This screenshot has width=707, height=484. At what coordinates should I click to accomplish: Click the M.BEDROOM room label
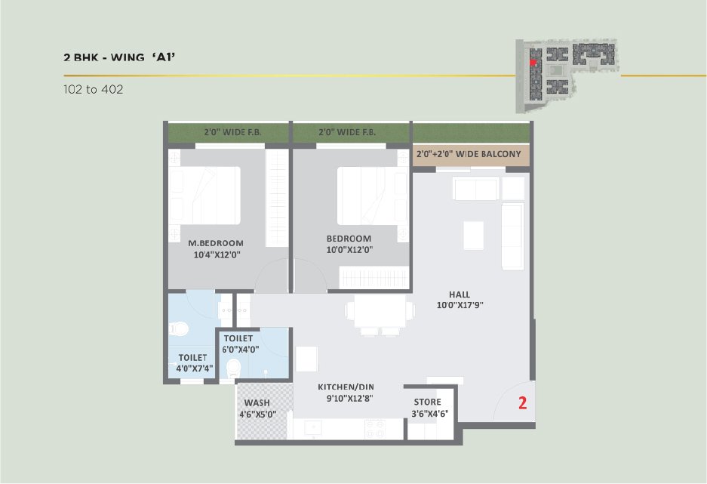[216, 243]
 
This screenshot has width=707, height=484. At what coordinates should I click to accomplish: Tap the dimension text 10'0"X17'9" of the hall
[460, 305]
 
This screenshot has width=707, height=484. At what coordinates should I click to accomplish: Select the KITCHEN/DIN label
[346, 387]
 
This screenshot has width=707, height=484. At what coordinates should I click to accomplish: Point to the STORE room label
[428, 402]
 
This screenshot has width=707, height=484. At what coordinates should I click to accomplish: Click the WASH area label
[257, 402]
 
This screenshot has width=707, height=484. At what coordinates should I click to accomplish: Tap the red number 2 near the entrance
[523, 402]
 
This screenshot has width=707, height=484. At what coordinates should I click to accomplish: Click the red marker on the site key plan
[533, 63]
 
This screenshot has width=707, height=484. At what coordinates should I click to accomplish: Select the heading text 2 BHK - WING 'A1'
[119, 57]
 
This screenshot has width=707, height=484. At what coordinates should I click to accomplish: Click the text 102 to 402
[94, 89]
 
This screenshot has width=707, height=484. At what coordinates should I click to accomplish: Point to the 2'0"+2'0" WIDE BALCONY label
[469, 154]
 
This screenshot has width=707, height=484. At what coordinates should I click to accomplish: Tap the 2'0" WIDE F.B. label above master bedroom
[232, 132]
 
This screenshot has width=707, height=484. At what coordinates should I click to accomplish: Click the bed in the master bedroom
[204, 196]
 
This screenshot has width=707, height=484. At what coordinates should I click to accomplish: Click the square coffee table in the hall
[473, 236]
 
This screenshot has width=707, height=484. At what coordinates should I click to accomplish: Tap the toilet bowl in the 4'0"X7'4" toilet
[179, 328]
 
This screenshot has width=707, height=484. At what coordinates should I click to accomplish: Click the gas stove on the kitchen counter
[375, 428]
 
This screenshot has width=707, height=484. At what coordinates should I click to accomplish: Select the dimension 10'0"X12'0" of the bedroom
[349, 250]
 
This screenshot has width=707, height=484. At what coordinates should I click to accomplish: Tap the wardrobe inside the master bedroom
[277, 198]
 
